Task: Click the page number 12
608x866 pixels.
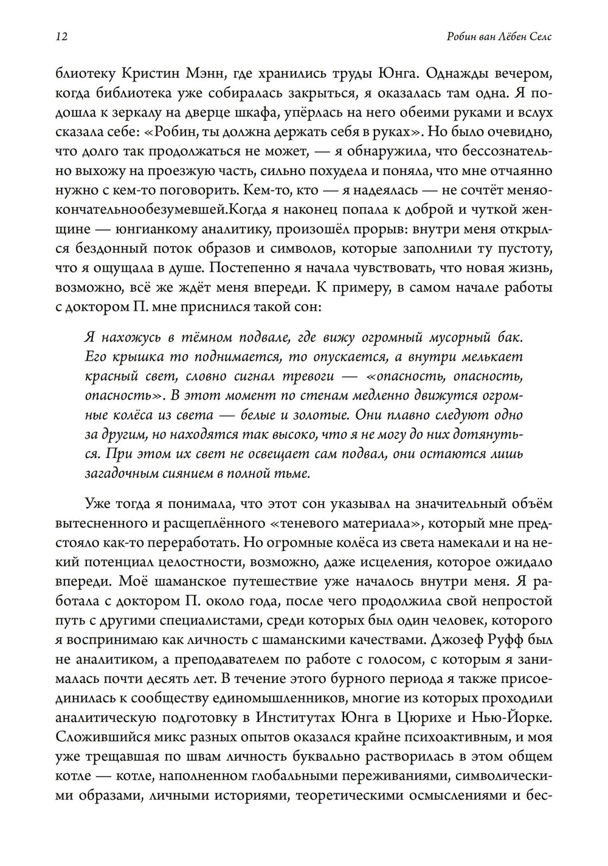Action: (61, 37)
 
